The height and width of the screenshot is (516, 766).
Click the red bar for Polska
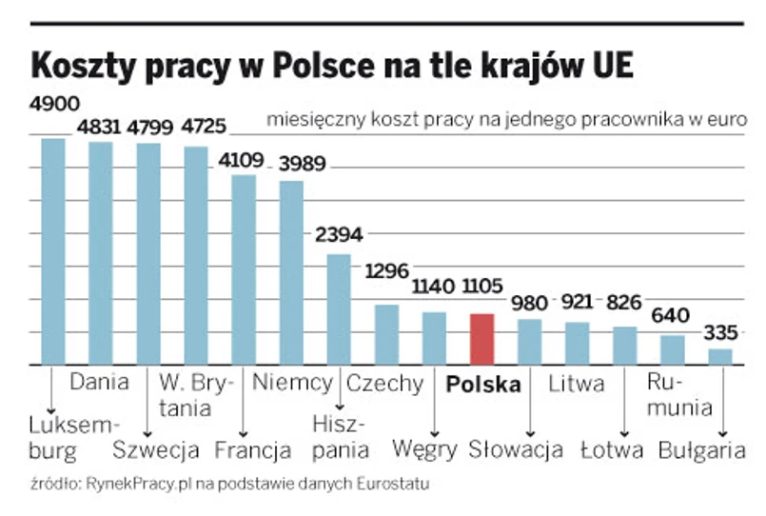point(482,339)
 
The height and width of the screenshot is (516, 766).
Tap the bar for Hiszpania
point(339,309)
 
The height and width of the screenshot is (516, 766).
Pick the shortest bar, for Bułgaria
point(721,357)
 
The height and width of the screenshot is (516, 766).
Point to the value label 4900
point(53,103)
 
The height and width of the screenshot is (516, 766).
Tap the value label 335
point(721,333)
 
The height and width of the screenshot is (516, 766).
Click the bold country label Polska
point(483,385)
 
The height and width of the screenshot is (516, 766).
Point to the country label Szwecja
point(156,448)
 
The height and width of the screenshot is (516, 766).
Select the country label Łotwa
point(612,448)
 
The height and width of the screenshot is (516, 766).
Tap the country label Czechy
point(384,384)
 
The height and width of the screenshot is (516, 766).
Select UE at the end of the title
point(608,64)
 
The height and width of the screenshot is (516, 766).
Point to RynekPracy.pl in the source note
point(134,484)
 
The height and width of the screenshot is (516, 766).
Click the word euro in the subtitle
point(728,121)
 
